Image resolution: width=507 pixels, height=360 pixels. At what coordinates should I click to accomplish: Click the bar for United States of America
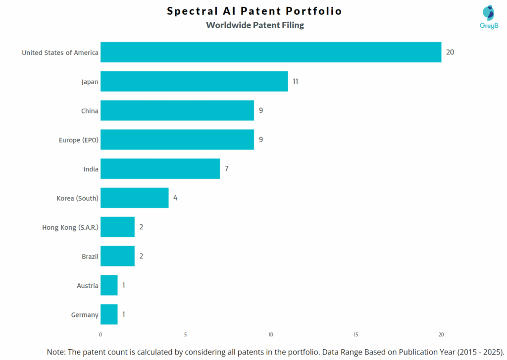pyautogui.click(x=270, y=52)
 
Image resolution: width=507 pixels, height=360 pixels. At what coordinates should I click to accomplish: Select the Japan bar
pyautogui.click(x=194, y=81)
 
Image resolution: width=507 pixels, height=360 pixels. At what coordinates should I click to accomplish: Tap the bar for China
pyautogui.click(x=177, y=110)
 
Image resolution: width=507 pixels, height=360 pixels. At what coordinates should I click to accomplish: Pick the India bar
pyautogui.click(x=160, y=169)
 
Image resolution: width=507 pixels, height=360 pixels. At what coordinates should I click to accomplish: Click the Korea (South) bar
pyautogui.click(x=134, y=198)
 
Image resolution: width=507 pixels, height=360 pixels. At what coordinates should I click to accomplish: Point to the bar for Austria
pyautogui.click(x=109, y=285)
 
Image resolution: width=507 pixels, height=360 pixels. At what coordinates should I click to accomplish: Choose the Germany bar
pyautogui.click(x=109, y=314)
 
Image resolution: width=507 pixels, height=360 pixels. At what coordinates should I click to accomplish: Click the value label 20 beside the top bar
pyautogui.click(x=450, y=52)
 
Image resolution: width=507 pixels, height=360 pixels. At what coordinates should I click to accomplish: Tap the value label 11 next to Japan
pyautogui.click(x=295, y=81)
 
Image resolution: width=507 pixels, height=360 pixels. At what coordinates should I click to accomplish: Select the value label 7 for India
pyautogui.click(x=226, y=169)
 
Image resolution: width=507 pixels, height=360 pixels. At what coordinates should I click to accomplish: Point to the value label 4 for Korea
pyautogui.click(x=175, y=198)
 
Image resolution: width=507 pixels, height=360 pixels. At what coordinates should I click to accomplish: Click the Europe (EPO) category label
pyautogui.click(x=78, y=140)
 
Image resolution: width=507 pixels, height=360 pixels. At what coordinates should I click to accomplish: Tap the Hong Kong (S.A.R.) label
pyautogui.click(x=70, y=227)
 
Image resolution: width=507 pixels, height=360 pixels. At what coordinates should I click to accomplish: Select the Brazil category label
pyautogui.click(x=90, y=257)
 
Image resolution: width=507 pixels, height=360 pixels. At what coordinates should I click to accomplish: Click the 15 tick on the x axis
pyautogui.click(x=356, y=334)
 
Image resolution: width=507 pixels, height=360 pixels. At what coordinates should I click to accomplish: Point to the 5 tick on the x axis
pyautogui.click(x=185, y=334)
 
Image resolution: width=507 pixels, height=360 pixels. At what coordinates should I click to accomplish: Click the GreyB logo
pyautogui.click(x=488, y=17)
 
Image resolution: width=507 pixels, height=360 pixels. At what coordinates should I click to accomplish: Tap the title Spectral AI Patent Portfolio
pyautogui.click(x=254, y=11)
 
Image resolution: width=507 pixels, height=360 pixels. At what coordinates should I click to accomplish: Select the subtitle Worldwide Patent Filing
pyautogui.click(x=254, y=25)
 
